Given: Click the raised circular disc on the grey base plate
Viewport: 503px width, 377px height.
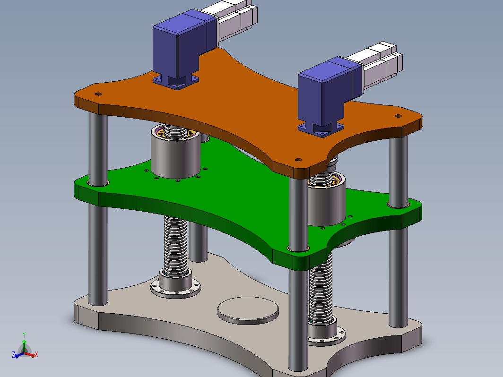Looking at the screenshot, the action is (248, 310).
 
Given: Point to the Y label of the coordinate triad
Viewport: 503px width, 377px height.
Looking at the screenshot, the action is (24, 334).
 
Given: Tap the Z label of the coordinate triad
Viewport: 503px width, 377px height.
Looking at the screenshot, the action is (13, 355).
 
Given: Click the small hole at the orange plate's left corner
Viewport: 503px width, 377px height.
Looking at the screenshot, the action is (98, 94).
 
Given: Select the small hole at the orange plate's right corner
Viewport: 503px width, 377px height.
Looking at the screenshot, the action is (399, 116).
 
